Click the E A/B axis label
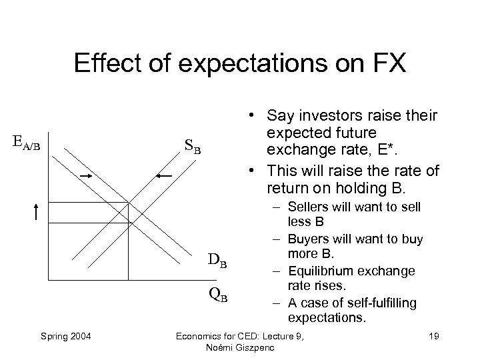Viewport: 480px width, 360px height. coord(27,143)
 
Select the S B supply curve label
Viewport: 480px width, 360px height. coord(193,145)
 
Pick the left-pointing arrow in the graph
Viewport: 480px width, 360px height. coord(164,175)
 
